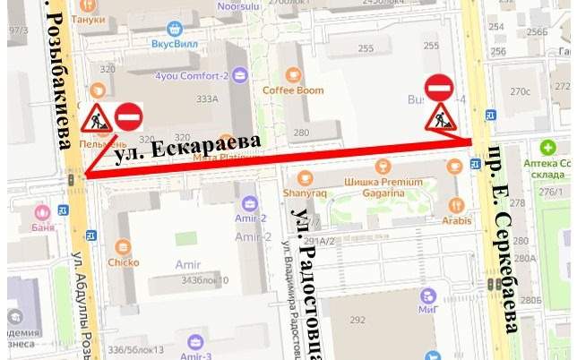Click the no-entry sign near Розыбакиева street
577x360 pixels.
[129, 117]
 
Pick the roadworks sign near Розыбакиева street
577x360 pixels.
[96, 117]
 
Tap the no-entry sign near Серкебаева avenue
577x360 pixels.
[439, 87]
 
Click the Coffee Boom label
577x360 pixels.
[293, 90]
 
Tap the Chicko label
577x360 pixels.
[123, 262]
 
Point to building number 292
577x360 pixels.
[358, 319]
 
